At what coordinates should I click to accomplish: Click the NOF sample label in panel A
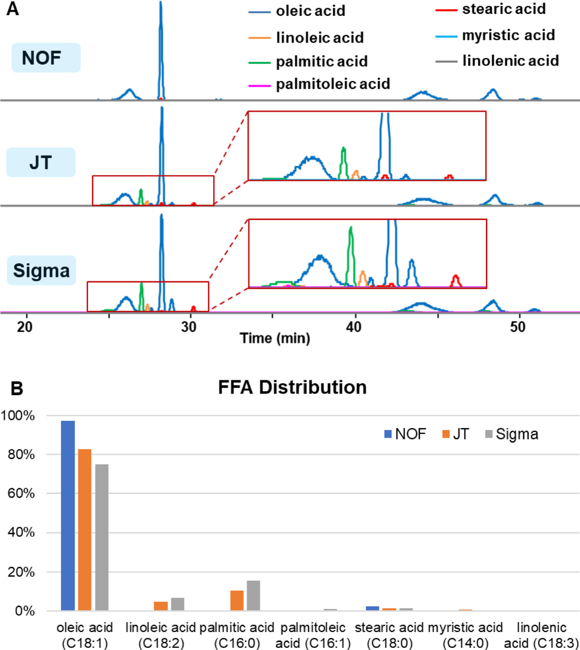(x=46, y=58)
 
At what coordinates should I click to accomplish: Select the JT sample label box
(x=41, y=162)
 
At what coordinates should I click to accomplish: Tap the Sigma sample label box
(x=41, y=270)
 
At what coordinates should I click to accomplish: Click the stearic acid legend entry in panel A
(x=491, y=9)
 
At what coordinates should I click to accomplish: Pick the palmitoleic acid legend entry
(x=319, y=84)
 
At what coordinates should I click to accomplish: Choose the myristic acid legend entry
(x=495, y=36)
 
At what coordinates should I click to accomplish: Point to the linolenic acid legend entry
(x=497, y=61)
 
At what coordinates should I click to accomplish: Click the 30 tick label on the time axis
(x=189, y=327)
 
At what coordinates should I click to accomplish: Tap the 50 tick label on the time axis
(x=518, y=327)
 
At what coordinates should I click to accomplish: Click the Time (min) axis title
(x=275, y=338)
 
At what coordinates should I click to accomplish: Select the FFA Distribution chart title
(x=292, y=388)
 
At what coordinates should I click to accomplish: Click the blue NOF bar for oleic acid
(x=68, y=516)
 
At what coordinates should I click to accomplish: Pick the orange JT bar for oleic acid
(x=85, y=530)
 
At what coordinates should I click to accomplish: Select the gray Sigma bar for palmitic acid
(x=253, y=596)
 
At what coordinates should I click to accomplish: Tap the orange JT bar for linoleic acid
(x=161, y=606)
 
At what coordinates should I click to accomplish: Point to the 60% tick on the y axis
(x=21, y=493)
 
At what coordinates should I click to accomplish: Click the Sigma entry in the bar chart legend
(x=512, y=434)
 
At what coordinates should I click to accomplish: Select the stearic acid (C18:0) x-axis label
(x=389, y=635)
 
